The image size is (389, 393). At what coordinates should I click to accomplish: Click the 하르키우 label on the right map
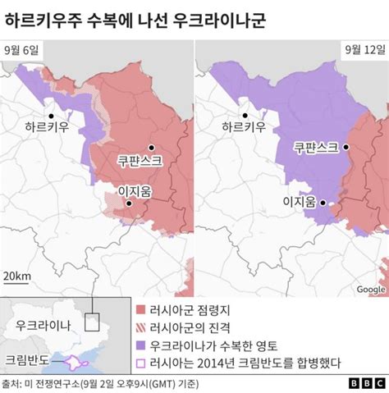[244, 128]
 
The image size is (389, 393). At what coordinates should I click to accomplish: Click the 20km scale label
[17, 276]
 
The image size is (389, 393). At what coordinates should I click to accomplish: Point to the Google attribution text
[371, 289]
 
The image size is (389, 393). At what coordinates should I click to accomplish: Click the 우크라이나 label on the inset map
[43, 325]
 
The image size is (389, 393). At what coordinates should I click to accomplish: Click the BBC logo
[367, 383]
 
